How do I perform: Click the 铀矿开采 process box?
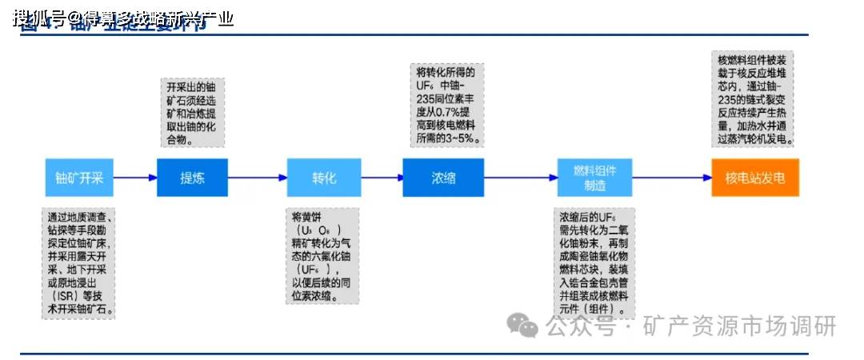pos(79,178)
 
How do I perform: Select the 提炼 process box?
pos(192,178)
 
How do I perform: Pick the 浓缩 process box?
pos(442,178)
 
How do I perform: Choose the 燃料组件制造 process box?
pos(594,178)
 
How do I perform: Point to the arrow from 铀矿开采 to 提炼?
pos(135,178)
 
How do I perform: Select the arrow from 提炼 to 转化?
pos(257,178)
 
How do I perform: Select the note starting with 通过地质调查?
pos(79,263)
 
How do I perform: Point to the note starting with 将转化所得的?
pos(446,104)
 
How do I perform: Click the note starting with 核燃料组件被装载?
pos(753,98)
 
